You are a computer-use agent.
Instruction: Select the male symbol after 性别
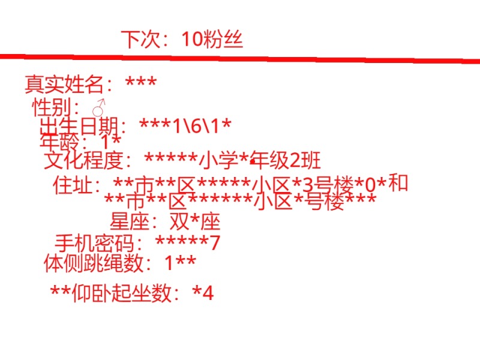(99, 109)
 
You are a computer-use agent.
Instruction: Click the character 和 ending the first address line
(398, 182)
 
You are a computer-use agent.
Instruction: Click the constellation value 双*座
(195, 222)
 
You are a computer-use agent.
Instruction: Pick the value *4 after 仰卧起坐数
(203, 293)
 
